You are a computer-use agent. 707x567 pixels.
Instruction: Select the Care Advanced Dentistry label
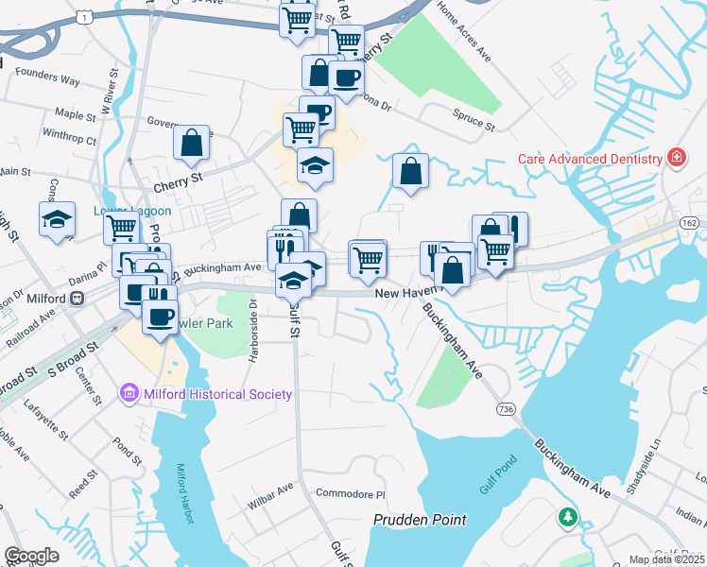(x=590, y=159)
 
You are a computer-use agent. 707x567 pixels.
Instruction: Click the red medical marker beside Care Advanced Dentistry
(x=676, y=158)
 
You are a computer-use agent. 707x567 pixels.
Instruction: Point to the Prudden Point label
(x=421, y=520)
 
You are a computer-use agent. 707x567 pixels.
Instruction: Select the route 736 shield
(x=506, y=407)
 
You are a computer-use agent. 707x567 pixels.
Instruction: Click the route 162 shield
(x=690, y=222)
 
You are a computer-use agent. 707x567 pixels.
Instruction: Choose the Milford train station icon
(x=78, y=298)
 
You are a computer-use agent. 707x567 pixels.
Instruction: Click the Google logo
(x=31, y=556)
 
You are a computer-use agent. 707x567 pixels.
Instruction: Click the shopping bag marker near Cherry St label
(x=192, y=144)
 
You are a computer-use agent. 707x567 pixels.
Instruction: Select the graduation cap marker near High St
(x=58, y=220)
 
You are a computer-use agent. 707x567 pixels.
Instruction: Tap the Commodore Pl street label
(x=352, y=494)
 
